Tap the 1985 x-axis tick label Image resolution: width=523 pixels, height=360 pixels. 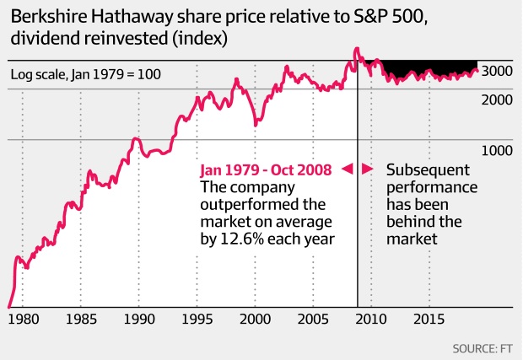(81, 320)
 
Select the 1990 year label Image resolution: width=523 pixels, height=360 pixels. (139, 320)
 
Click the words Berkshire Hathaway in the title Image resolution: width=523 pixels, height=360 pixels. (84, 16)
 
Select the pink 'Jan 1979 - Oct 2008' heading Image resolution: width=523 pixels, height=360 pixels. (267, 169)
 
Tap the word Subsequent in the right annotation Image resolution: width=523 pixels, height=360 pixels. (427, 169)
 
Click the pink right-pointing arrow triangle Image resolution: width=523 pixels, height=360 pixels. (367, 169)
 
